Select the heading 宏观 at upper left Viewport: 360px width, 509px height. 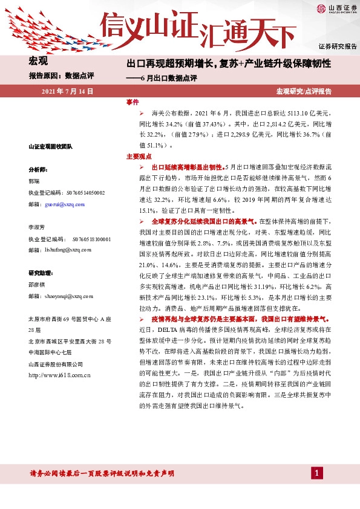[39, 61]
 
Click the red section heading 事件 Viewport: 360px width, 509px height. [133, 102]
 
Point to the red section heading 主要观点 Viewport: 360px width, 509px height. [137, 156]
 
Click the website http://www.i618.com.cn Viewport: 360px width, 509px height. [59, 375]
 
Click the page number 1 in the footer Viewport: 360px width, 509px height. [316, 473]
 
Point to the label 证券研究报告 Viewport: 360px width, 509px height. [338, 46]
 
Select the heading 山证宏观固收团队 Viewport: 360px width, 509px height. [50, 146]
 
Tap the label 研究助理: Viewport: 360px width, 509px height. [41, 273]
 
